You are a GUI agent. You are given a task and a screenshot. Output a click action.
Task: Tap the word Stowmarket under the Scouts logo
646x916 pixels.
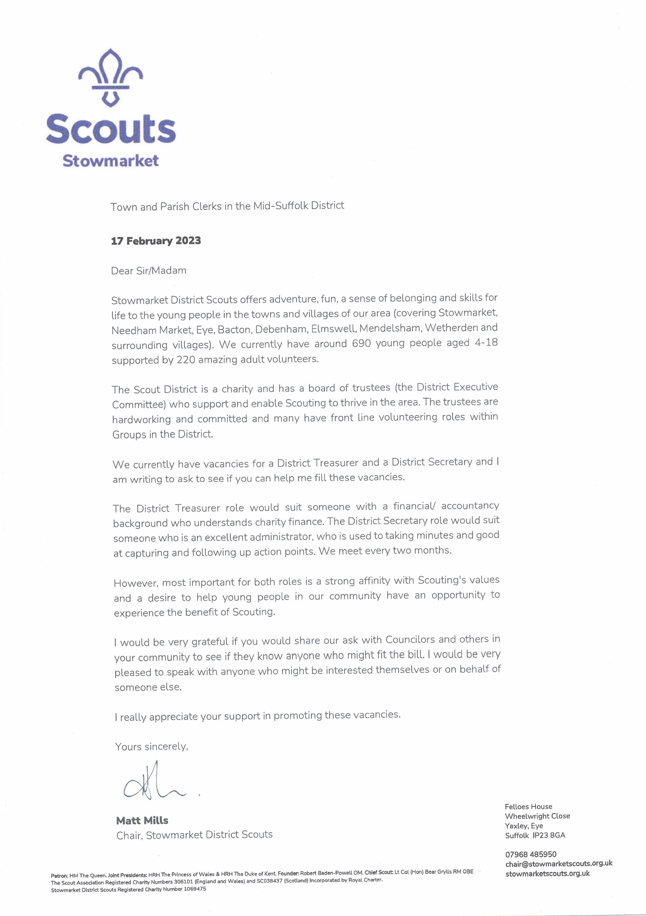tap(110, 161)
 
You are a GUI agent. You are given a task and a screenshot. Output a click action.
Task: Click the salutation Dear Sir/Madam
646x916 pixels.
tap(149, 271)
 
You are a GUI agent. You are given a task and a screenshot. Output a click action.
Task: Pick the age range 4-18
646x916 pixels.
tap(486, 342)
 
